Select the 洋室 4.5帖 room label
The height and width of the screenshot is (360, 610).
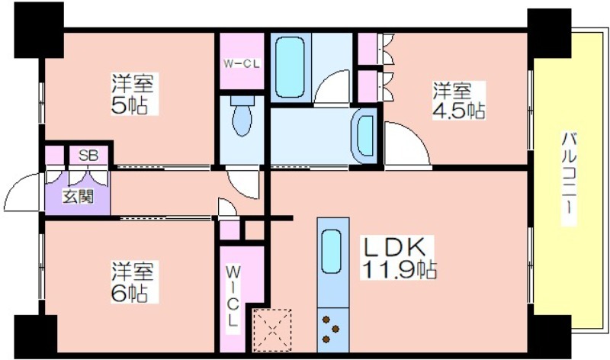point(459,101)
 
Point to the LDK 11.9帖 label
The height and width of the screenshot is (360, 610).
point(399,257)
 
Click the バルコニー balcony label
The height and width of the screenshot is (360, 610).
point(568,178)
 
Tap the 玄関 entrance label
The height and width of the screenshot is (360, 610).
point(79,197)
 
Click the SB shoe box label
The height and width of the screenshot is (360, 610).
point(88,156)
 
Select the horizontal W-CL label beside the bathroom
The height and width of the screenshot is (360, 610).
point(241,64)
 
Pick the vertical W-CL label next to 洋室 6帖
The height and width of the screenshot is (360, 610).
point(233,296)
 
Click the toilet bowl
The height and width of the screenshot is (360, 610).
point(242,116)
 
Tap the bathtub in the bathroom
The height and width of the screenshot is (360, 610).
point(290,67)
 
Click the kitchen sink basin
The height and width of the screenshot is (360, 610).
point(332,251)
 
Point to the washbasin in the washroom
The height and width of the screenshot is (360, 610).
point(364,137)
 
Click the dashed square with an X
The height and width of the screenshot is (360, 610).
point(272,330)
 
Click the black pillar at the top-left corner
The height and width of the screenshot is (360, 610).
point(39,30)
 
